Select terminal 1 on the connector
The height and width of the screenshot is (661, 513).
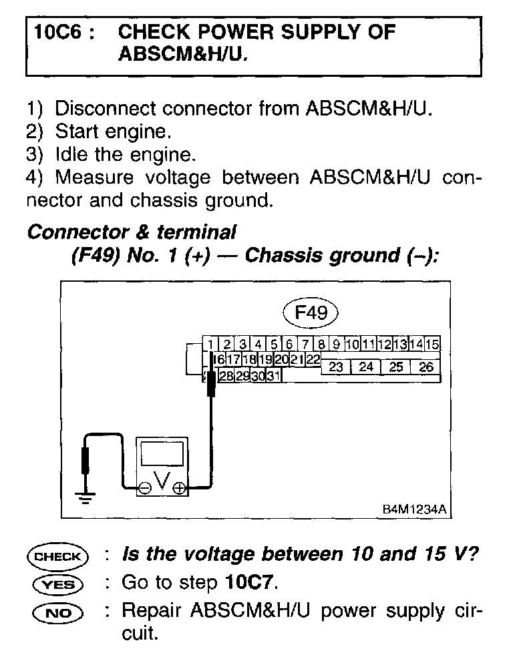pos(210,345)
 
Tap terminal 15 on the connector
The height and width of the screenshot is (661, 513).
pos(432,345)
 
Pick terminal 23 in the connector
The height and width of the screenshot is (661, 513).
pos(336,367)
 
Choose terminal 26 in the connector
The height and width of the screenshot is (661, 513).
pos(425,367)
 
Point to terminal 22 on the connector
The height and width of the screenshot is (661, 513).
pos(313,360)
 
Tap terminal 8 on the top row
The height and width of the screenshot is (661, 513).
pos(321,345)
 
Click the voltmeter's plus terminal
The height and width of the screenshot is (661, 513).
pos(179,488)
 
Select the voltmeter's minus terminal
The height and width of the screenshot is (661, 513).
pos(144,488)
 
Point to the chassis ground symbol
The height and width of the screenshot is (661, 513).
pos(85,496)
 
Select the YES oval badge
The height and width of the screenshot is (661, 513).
pos(58,584)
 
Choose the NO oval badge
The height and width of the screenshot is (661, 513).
pos(58,611)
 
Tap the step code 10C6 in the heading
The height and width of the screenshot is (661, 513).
pos(60,32)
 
